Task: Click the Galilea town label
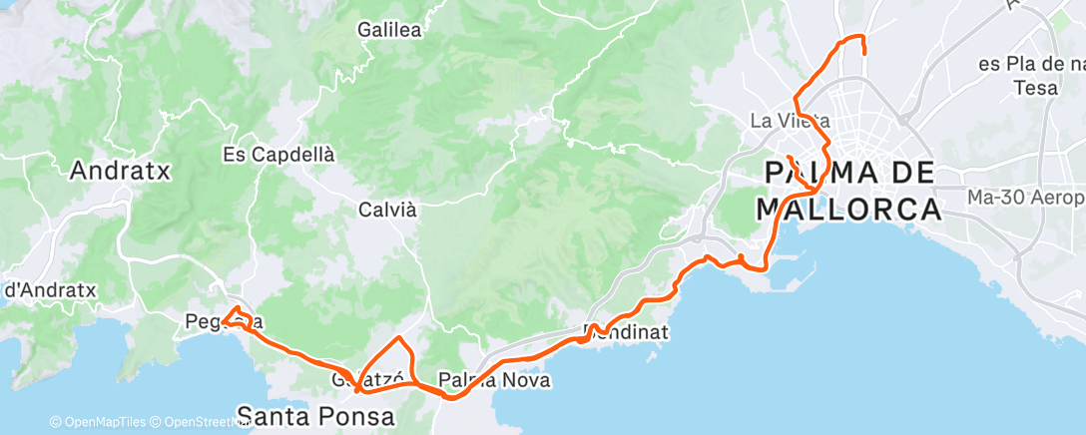[x=389, y=30]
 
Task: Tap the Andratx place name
[x=120, y=171]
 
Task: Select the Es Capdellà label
[x=278, y=156]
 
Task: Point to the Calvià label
[x=386, y=210]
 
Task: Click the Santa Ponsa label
[x=316, y=414]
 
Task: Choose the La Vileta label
[x=789, y=122]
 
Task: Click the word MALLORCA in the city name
[x=848, y=210]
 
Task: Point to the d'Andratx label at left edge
[x=50, y=290]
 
